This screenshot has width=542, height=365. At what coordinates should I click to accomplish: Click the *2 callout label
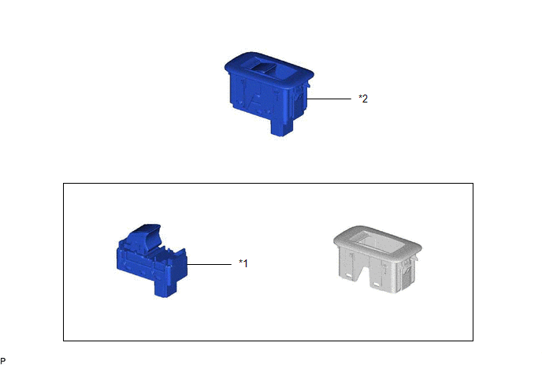tap(363, 99)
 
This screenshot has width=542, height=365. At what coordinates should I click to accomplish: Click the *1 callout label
tap(243, 263)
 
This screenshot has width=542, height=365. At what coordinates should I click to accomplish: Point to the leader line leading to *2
tap(329, 99)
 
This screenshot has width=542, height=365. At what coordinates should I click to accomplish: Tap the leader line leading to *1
tap(210, 265)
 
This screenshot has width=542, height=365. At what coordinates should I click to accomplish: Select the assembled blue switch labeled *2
tap(269, 93)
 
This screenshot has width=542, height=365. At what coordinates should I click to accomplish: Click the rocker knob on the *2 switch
tap(263, 67)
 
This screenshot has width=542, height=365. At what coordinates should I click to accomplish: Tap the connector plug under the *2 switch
tap(282, 128)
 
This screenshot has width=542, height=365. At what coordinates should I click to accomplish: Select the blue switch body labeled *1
tap(152, 260)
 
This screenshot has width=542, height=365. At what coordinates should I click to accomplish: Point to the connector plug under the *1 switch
tap(165, 288)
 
